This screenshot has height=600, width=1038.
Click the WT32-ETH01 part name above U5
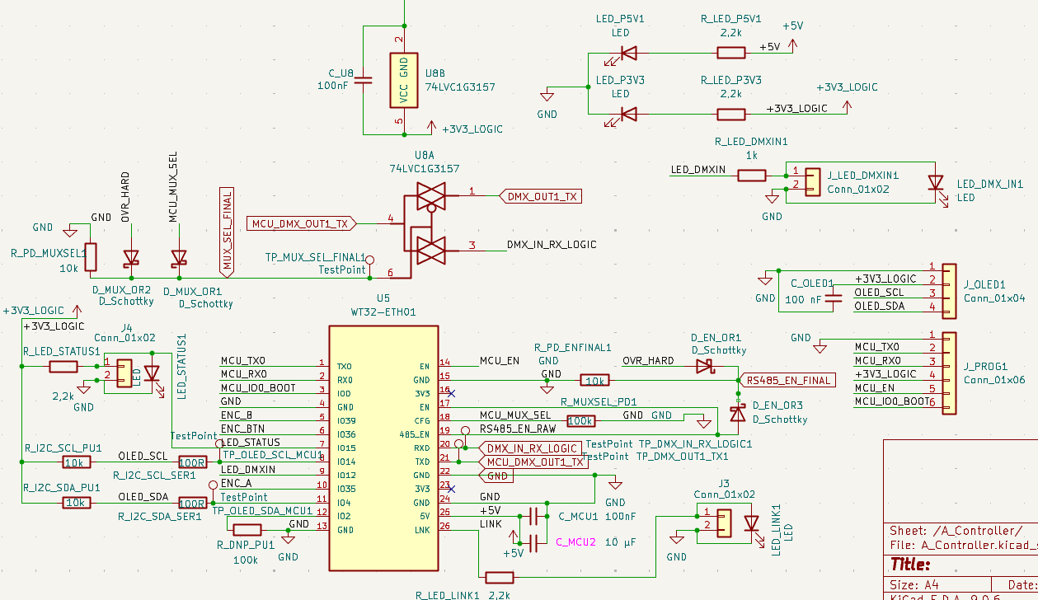(383, 312)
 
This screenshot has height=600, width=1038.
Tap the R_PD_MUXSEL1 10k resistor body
(92, 257)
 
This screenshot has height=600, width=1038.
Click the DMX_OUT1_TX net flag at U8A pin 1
(540, 196)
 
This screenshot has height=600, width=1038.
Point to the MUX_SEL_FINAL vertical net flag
(228, 231)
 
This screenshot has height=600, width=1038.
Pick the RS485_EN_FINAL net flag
(788, 380)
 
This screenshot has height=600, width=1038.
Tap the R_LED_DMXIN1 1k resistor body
(752, 175)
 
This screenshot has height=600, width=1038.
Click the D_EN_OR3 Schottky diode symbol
(738, 414)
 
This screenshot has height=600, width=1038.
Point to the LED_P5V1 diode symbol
(628, 54)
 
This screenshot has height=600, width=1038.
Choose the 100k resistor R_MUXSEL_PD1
(580, 420)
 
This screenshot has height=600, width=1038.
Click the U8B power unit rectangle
(403, 80)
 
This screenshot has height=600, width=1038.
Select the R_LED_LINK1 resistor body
(500, 578)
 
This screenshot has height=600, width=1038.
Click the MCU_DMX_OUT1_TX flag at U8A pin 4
(302, 223)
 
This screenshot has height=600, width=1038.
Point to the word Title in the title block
(909, 565)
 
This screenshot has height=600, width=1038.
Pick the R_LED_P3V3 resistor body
(730, 114)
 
